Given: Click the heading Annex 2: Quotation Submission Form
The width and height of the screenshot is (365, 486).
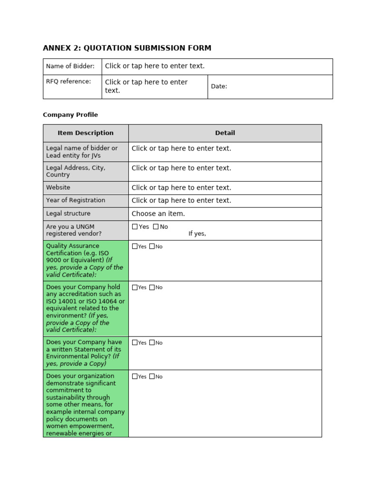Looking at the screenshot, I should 127,48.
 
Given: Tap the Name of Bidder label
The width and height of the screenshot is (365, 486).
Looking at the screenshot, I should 70,66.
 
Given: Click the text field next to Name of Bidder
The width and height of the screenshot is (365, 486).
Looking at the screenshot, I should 154,66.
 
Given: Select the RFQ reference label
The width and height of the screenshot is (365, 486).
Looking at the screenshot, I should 68,81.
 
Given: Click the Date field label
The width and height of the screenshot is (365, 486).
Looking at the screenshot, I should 219,86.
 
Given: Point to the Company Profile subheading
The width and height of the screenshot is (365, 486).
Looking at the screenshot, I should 70,115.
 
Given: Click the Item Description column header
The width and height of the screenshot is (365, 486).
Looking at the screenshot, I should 86,133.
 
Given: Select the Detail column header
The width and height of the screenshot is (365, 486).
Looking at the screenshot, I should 225,133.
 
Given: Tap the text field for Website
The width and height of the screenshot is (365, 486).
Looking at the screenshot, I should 181,187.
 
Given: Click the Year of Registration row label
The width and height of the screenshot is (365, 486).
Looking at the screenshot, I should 76,200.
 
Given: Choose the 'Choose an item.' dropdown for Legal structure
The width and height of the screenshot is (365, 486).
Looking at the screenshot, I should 158,214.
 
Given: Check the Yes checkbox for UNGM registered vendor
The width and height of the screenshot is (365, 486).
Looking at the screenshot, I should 135,227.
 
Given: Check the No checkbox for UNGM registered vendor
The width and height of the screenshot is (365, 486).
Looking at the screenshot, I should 156,227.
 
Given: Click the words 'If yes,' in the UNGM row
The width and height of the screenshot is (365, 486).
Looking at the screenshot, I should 197,234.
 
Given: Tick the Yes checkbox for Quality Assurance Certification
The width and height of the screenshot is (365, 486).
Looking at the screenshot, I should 135,246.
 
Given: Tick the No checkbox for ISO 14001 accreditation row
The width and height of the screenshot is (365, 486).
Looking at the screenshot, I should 152,287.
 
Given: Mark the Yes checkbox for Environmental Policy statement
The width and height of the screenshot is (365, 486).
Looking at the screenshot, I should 135,343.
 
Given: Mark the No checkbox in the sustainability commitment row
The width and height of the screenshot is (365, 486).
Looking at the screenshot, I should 152,376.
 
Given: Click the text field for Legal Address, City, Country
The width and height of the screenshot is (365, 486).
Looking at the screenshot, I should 181,168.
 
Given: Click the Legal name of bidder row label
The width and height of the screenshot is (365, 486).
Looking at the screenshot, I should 82,152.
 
